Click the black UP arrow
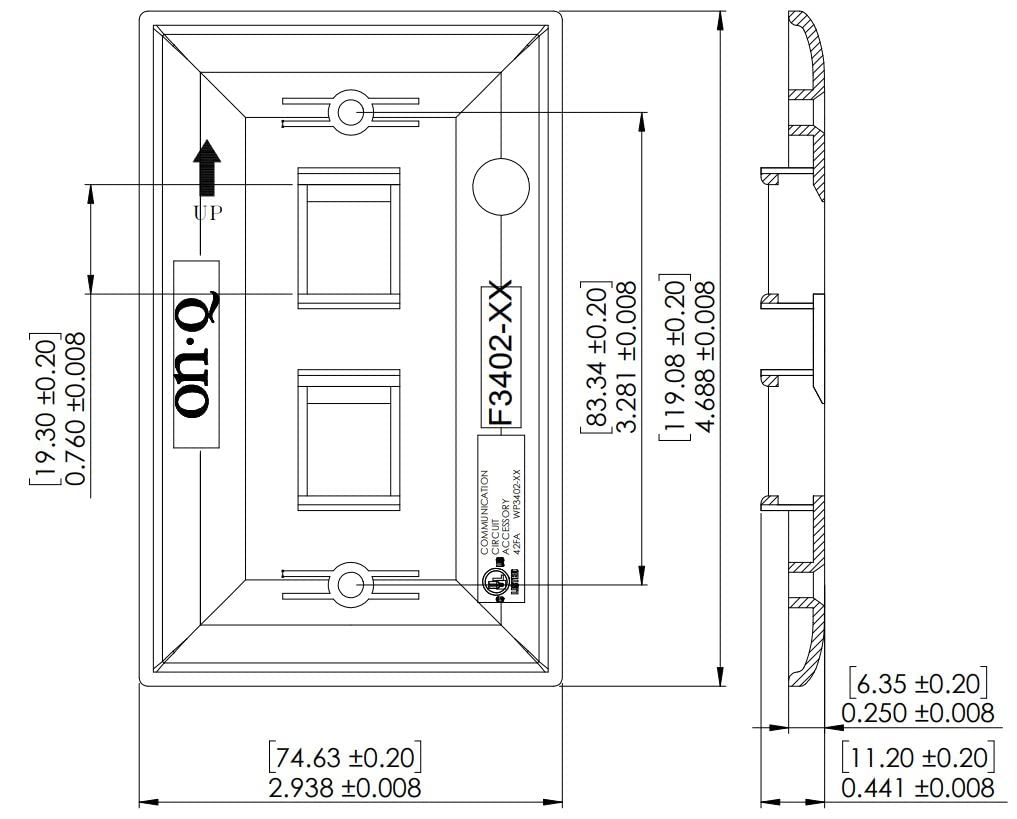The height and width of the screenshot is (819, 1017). [x=207, y=167]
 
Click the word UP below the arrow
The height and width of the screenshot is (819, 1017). [x=207, y=212]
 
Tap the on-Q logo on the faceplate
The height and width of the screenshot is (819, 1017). [x=196, y=354]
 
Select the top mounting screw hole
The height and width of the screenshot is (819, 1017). [x=349, y=112]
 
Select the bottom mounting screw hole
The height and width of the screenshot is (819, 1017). [x=349, y=584]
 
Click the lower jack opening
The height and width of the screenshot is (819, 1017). [x=348, y=438]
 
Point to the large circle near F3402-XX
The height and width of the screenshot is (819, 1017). [x=500, y=185]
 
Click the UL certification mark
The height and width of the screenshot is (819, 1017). [x=493, y=583]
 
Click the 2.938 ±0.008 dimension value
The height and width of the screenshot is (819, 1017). [x=343, y=787]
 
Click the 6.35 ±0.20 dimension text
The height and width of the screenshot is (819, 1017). [x=917, y=684]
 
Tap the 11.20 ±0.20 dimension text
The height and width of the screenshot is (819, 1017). [x=917, y=757]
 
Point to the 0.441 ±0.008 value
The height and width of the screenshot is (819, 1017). [x=917, y=787]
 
